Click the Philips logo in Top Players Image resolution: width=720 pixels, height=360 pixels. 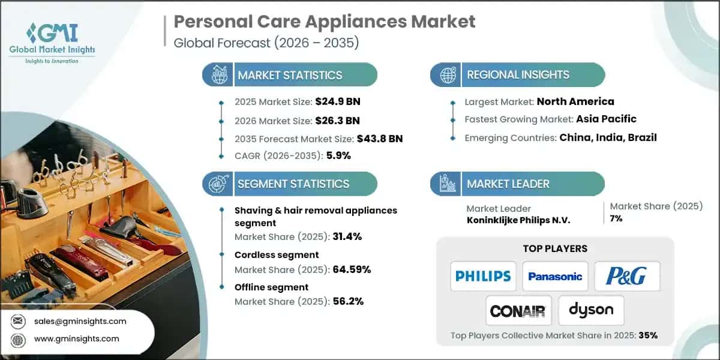[x=483, y=276]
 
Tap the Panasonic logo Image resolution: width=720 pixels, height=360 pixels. [x=555, y=276]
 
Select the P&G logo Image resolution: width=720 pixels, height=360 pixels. [x=626, y=276]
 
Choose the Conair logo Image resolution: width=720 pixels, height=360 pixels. [x=518, y=311]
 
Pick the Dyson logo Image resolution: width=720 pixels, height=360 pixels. [x=591, y=310]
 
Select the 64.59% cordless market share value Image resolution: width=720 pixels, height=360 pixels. [x=352, y=269]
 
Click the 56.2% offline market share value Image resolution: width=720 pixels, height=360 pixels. [x=348, y=301]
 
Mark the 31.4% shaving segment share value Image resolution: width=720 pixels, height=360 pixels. [x=347, y=236]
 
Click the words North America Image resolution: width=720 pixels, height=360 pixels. [x=575, y=101]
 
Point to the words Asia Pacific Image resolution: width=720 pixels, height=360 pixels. [x=607, y=119]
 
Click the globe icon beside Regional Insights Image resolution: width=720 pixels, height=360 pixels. [x=447, y=75]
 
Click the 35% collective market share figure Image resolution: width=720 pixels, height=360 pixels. [x=648, y=335]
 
